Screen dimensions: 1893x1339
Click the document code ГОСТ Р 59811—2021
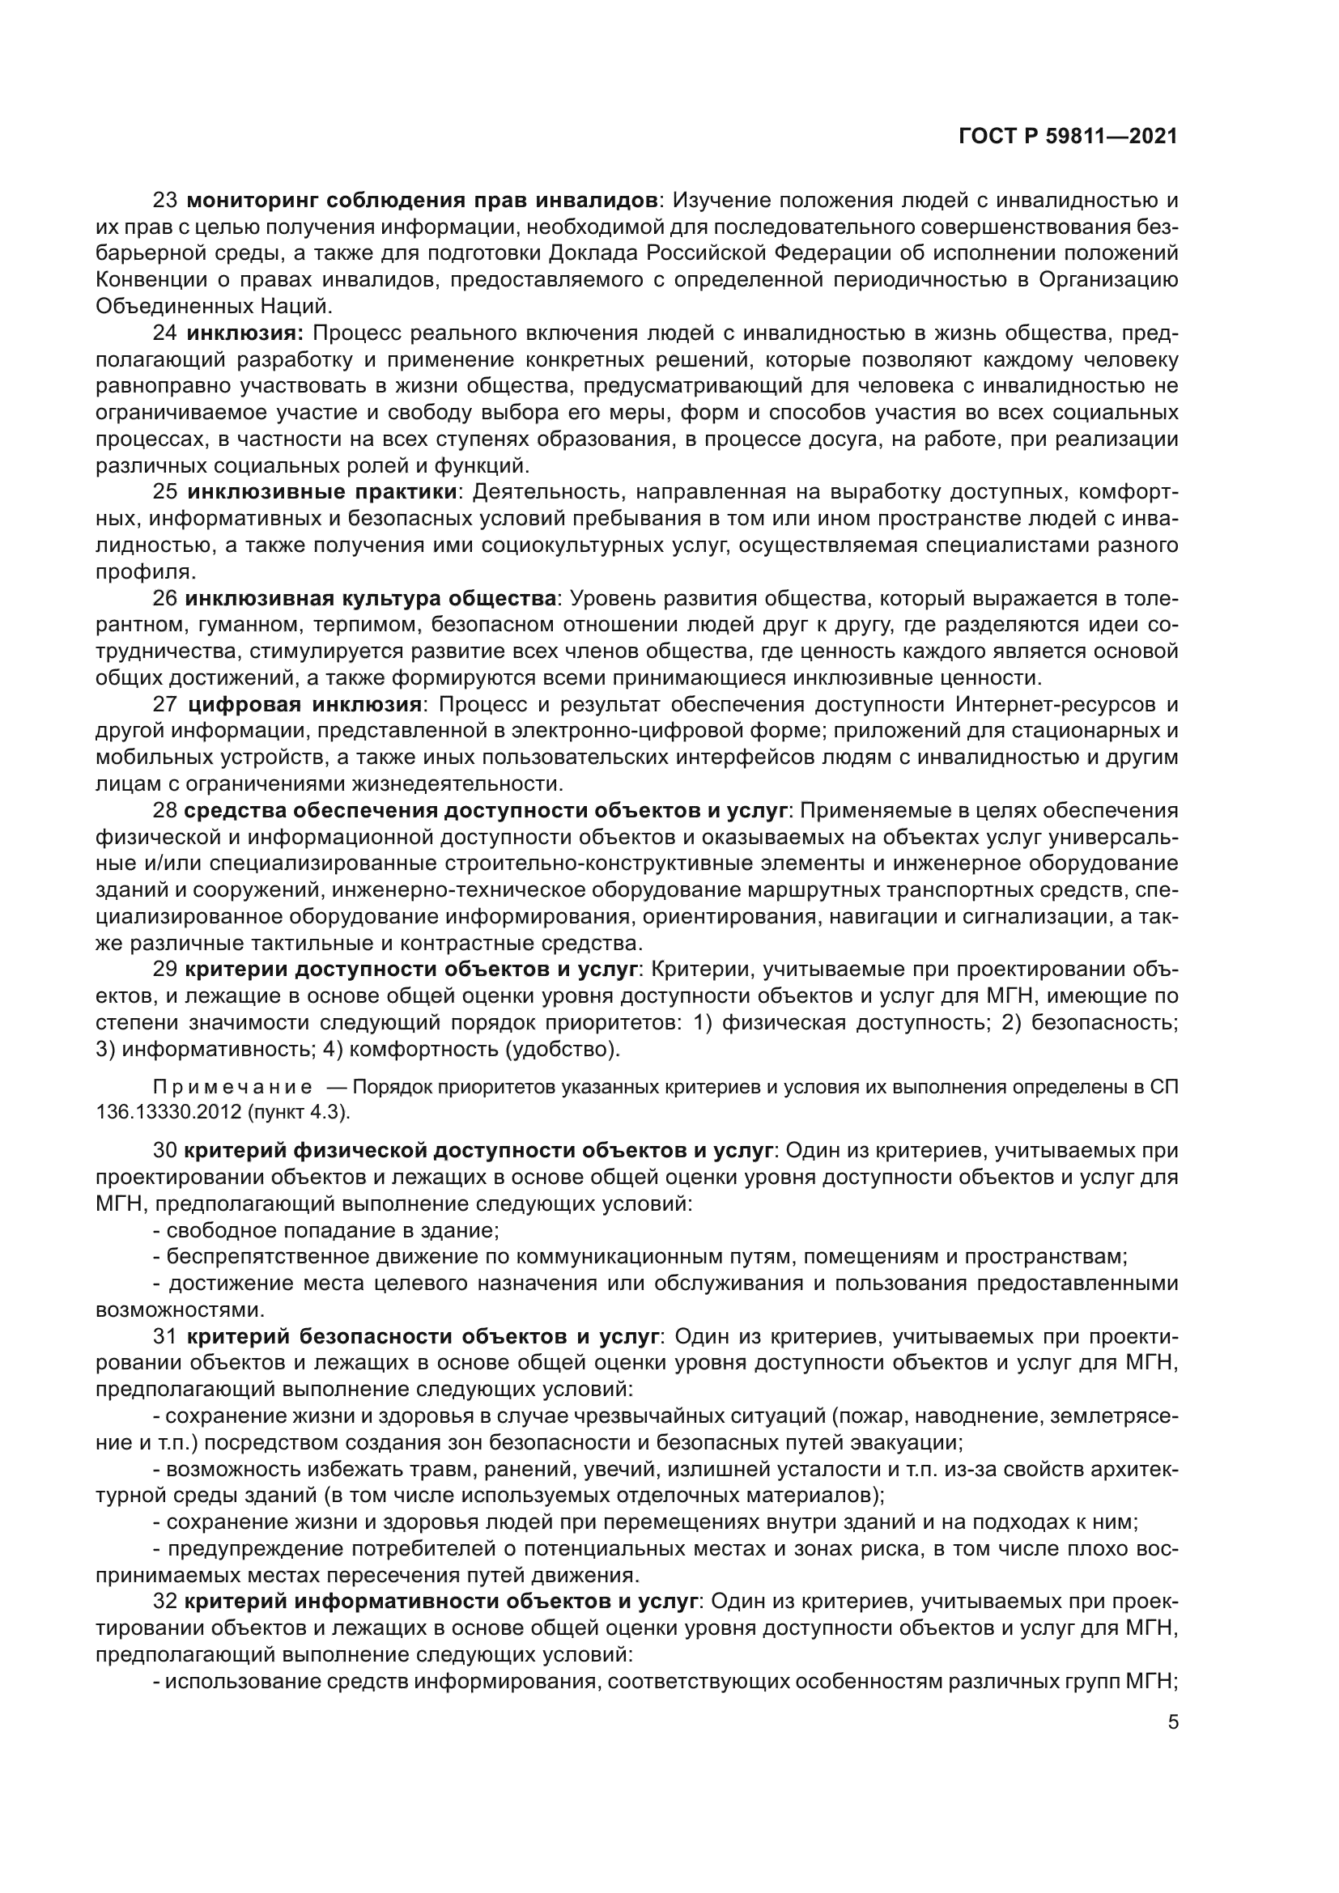[x=1068, y=137]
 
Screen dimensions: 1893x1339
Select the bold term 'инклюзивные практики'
[x=322, y=492]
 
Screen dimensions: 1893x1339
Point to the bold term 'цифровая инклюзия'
[x=305, y=704]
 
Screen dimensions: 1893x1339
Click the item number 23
[x=166, y=201]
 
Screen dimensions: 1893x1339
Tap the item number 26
[x=166, y=599]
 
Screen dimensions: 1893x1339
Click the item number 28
[x=166, y=810]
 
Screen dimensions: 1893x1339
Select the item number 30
[x=166, y=1149]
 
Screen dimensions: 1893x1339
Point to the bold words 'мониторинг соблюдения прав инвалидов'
[x=422, y=201]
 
